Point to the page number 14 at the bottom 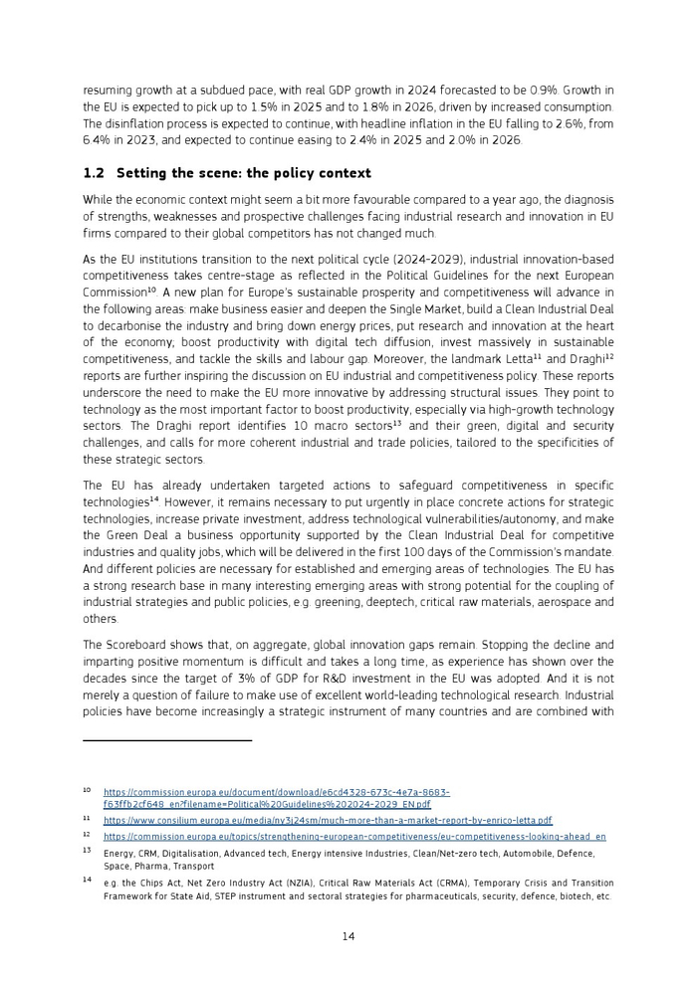click(x=348, y=935)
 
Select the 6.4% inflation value click(x=100, y=140)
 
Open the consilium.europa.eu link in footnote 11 click(x=327, y=821)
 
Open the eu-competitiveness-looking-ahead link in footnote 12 click(x=353, y=837)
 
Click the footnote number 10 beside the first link click(x=87, y=791)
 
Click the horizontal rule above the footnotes click(x=167, y=740)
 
